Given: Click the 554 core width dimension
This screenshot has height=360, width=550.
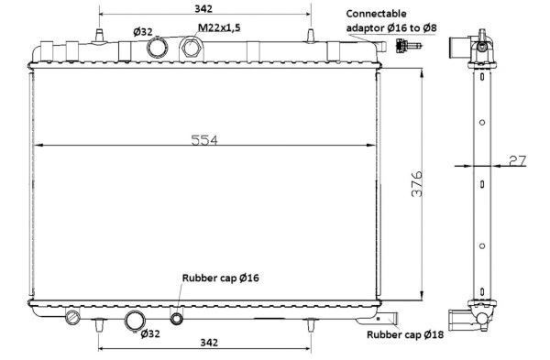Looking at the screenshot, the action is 204,140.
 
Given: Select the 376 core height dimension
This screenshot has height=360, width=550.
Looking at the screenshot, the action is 417,184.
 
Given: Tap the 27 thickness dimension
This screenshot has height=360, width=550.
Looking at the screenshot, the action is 517,160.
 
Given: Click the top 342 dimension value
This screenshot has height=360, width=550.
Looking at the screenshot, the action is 203,9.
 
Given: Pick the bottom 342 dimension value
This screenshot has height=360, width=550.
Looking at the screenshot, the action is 209,342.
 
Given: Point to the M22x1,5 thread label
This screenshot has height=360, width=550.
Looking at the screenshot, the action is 219,27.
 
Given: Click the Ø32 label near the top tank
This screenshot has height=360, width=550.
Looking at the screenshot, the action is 143,32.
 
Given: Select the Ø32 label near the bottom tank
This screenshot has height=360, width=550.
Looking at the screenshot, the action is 150,333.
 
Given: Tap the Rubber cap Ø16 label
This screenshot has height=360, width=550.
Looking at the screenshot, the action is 220,278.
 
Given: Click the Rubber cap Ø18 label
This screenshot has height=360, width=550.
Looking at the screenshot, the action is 405,334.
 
